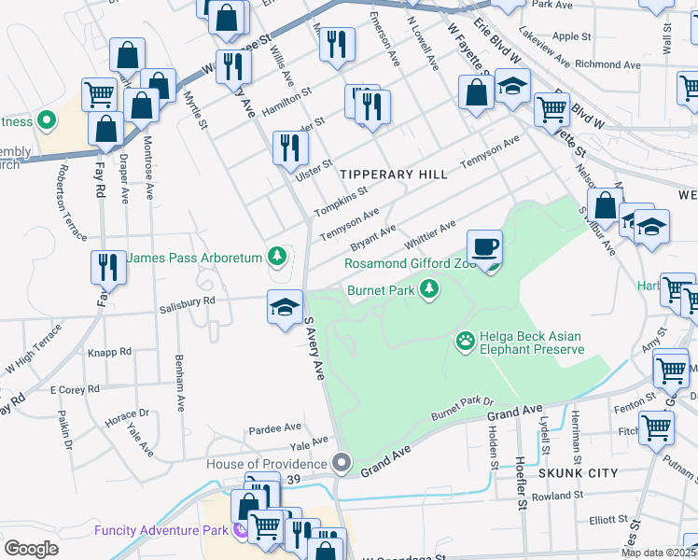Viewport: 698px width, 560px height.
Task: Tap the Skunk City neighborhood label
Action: (x=579, y=473)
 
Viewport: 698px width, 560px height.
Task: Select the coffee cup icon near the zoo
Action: (x=484, y=248)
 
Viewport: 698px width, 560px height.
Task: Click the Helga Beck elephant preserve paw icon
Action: (x=466, y=342)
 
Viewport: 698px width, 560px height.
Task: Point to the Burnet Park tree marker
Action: (x=429, y=290)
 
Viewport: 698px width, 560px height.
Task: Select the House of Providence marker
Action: (x=342, y=463)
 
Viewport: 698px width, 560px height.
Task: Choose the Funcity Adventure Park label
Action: (x=162, y=531)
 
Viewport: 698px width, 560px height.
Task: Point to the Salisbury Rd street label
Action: (x=187, y=301)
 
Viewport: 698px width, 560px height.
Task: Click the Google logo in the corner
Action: (x=31, y=549)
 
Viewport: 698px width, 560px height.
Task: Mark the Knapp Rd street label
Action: (x=110, y=352)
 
